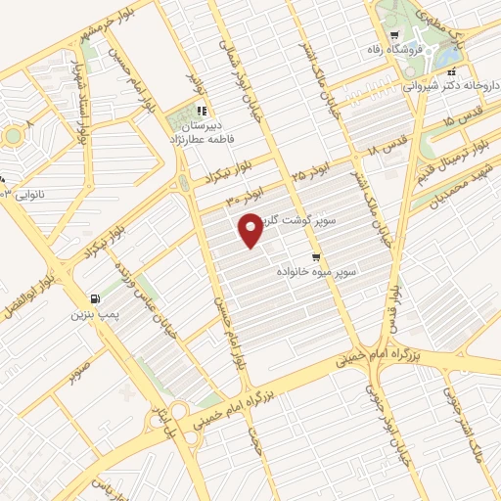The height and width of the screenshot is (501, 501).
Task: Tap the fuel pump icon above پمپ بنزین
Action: [94, 298]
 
